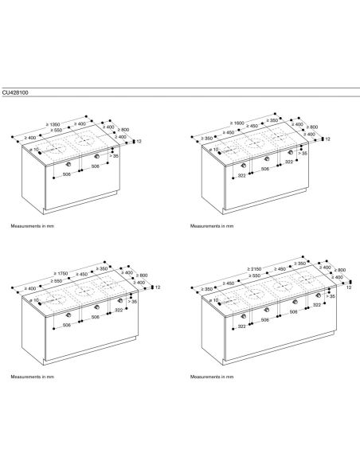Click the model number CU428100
pos(15,93)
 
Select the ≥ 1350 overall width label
pos(53,124)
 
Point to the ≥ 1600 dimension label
pos(237,123)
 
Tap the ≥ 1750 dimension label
pos(61,273)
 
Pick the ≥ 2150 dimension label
pos(254,269)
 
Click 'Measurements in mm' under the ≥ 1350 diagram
pos(33,226)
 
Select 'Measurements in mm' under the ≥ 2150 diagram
pos(212,377)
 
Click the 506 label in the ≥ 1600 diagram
pos(265,169)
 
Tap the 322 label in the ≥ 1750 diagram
pos(119,310)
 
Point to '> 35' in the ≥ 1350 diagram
pos(114,156)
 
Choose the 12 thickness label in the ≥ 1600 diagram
pos(327,139)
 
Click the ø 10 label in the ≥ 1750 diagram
pos(35,300)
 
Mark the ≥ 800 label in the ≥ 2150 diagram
pos(340,270)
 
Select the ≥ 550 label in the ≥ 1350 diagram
pos(56,131)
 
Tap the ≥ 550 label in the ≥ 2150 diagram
pos(254,275)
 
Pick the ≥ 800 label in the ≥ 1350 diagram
pos(123,130)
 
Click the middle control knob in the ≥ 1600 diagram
pos(267,159)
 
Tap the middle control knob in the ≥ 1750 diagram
pos(96,307)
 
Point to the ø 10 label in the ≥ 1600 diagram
pos(213,150)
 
